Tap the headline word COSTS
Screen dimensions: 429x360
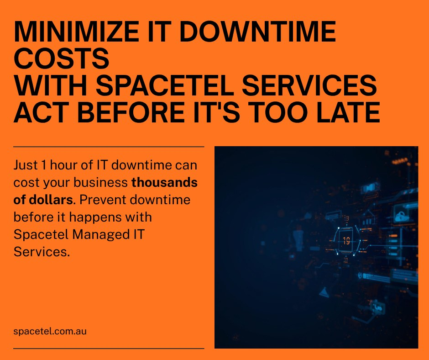tap(62, 58)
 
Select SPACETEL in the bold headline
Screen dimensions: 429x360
tap(165, 85)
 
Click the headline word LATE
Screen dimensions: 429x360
tap(348, 112)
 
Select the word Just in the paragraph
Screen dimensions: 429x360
tap(26, 165)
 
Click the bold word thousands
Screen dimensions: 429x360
tap(164, 182)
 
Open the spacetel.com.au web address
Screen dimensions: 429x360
tap(50, 331)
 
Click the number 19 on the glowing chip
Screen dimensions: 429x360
tap(346, 241)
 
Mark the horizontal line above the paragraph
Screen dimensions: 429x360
tap(109, 147)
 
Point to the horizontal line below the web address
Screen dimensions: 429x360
tap(109, 349)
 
